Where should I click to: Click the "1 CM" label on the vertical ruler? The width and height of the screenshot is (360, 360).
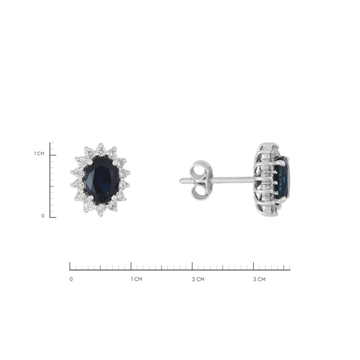point(39,154)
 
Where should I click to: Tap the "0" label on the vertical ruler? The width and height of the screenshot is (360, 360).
point(43,216)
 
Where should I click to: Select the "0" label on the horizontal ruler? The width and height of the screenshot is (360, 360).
point(71,279)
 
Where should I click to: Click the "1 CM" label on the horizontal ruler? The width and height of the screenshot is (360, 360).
point(137,279)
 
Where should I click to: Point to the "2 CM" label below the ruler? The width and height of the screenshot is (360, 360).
point(198,279)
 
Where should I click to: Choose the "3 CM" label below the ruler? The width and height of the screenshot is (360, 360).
point(259,279)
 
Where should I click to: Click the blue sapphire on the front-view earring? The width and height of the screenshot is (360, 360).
point(102,180)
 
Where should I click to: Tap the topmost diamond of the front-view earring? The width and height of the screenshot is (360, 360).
point(101,149)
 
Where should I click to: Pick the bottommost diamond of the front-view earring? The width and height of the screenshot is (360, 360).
point(101,210)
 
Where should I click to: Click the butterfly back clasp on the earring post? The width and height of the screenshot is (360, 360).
point(200,181)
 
